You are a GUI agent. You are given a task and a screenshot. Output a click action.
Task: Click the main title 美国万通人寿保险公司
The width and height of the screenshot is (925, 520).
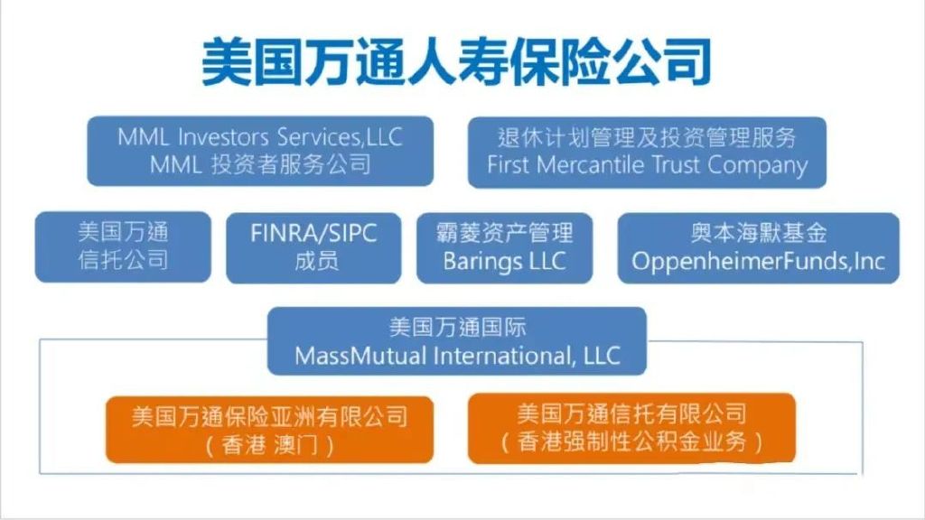[x=456, y=61]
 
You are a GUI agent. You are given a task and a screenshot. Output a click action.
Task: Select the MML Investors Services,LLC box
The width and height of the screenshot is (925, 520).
[x=260, y=151]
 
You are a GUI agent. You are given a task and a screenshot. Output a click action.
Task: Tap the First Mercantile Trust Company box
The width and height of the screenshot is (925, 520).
[x=647, y=152]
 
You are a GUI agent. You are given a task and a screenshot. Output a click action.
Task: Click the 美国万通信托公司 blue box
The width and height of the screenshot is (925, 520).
[x=123, y=246]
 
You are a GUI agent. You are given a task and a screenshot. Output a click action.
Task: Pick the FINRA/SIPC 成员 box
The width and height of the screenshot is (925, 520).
[x=313, y=247]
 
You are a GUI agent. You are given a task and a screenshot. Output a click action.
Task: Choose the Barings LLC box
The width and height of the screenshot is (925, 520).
[x=504, y=247]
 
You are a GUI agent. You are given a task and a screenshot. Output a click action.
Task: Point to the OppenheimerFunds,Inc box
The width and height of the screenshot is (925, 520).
[x=758, y=247]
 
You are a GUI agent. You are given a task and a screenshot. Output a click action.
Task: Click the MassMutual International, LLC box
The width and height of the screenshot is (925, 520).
[x=457, y=340]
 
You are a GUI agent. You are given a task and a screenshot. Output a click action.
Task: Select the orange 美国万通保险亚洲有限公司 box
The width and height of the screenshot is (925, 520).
[x=269, y=429]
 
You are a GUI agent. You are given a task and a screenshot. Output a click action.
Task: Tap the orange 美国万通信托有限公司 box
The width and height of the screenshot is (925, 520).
[x=631, y=428]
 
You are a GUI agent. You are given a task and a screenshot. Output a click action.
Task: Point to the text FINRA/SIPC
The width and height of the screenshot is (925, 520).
[x=313, y=234]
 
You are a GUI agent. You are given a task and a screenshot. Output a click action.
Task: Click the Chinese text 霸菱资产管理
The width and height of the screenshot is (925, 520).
[x=504, y=233]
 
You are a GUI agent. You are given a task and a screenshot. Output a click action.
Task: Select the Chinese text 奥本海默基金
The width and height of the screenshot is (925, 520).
[x=759, y=233]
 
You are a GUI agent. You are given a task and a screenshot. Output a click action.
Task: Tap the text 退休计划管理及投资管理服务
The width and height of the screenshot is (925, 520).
[x=647, y=138]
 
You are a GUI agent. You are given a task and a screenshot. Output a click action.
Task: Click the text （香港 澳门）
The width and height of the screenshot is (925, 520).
[x=269, y=444]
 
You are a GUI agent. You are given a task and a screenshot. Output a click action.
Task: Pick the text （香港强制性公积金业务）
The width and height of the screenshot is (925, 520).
[x=631, y=442]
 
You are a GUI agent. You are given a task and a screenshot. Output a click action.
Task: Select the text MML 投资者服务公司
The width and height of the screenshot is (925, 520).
[x=260, y=164]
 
